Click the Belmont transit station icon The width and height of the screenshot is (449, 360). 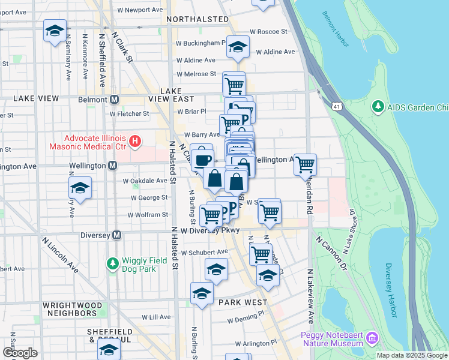(x=113, y=99)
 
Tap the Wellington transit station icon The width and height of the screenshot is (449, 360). (x=112, y=165)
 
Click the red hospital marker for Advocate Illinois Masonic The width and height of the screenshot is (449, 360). (x=135, y=142)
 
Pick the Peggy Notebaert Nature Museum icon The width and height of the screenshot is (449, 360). (x=372, y=338)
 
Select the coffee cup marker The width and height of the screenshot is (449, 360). (x=202, y=158)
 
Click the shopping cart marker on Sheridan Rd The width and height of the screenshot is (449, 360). (x=306, y=164)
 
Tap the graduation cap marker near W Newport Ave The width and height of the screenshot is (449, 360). (x=55, y=31)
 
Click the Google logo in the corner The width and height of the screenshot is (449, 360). (x=20, y=353)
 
